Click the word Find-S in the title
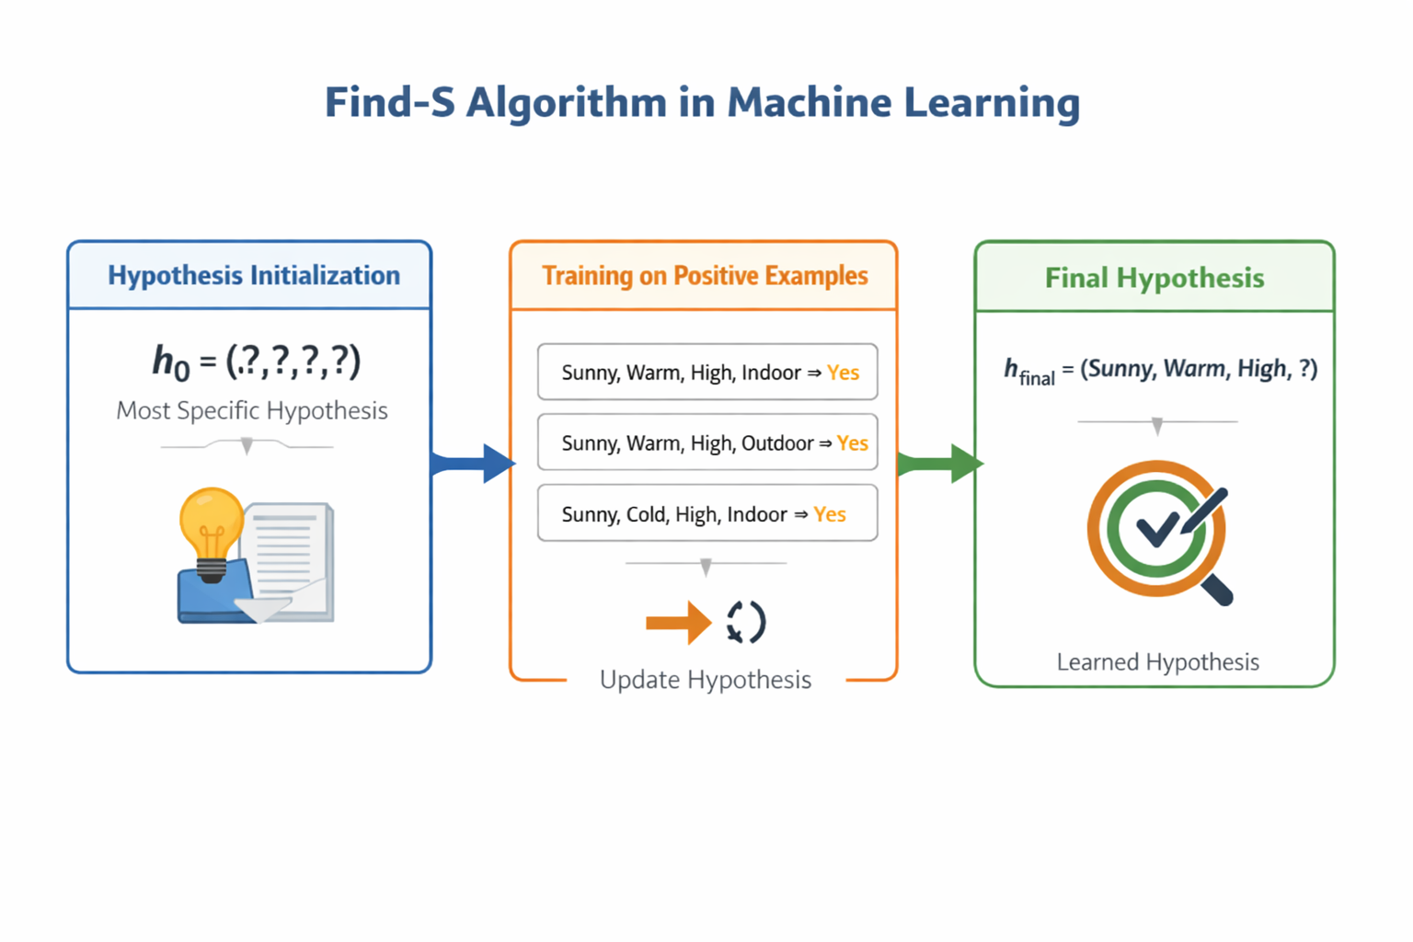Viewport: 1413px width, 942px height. tap(390, 102)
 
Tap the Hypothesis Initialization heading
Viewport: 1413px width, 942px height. tap(254, 275)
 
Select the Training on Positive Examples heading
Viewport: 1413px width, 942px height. tap(705, 275)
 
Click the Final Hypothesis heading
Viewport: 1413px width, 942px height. tap(1155, 278)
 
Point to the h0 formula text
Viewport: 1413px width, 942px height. tap(257, 361)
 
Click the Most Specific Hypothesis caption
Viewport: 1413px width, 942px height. tap(252, 410)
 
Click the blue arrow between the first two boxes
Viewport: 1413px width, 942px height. tap(474, 463)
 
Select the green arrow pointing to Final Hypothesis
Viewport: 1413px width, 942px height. tap(940, 463)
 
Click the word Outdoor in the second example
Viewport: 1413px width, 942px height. tap(777, 443)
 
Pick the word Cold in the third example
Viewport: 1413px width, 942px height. tap(646, 514)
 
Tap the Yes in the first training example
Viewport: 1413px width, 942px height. tap(843, 373)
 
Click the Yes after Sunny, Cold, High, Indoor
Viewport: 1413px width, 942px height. tap(829, 514)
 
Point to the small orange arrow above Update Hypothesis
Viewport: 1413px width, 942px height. tap(678, 623)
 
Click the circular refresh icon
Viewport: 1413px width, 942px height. tap(746, 623)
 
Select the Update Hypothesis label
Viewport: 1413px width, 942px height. tap(706, 680)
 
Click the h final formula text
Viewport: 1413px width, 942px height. tap(1160, 370)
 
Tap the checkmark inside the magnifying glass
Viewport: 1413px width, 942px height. tap(1156, 527)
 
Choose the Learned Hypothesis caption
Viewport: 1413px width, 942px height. tap(1157, 662)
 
